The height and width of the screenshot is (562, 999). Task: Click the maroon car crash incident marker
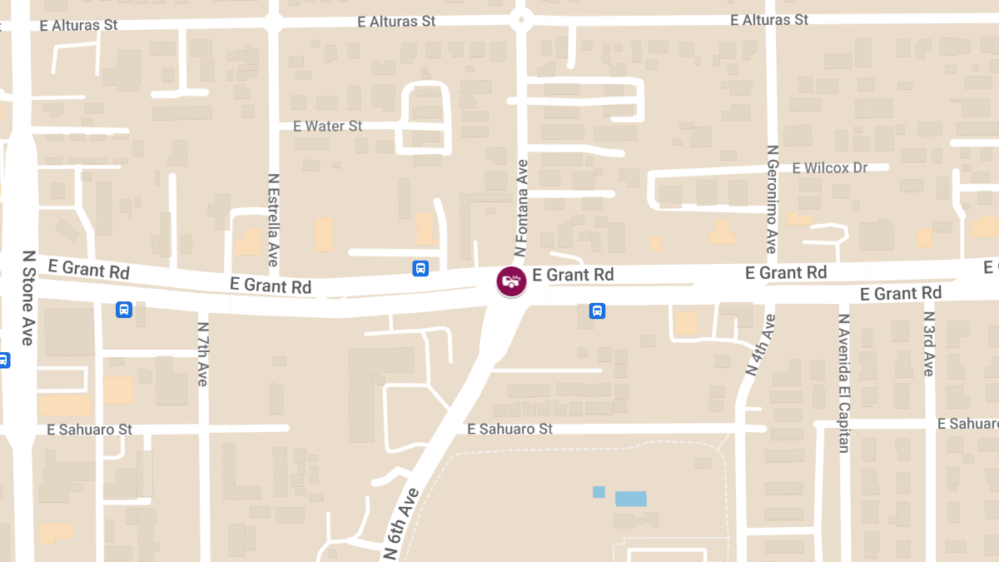511,281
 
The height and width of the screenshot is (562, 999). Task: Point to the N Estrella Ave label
273,220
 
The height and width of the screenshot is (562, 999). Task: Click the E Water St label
328,127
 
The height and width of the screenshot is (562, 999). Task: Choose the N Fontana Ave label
522,207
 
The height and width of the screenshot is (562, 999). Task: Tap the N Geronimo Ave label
772,199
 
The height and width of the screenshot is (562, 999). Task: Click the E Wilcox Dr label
829,168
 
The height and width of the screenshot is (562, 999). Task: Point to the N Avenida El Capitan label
844,382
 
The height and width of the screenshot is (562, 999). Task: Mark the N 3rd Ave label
930,344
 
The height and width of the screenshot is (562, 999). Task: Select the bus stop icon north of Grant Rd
420,268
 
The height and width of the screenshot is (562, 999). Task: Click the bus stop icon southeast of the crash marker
597,311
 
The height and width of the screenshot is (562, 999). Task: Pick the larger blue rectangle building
630,499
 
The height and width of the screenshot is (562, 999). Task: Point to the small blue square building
599,492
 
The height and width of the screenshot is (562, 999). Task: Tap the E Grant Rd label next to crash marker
573,275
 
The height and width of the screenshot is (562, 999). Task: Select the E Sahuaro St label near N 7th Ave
90,430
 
